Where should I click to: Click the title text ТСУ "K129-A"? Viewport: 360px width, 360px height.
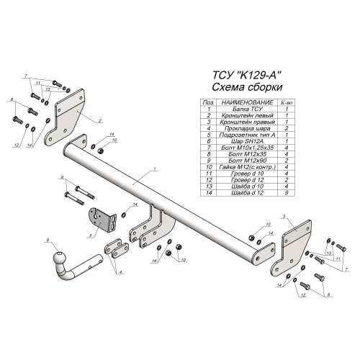[247, 75]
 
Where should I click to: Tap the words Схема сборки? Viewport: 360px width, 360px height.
[247, 87]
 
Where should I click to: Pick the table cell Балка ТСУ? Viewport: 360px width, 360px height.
[248, 109]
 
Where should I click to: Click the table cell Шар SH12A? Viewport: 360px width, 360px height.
[248, 141]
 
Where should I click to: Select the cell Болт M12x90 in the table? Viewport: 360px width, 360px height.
[248, 161]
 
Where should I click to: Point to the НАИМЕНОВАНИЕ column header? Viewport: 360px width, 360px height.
[248, 102]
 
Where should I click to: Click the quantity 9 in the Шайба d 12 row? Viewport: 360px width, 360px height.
[287, 193]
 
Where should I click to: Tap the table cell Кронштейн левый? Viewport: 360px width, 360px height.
[248, 115]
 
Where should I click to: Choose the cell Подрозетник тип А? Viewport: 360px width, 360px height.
[248, 135]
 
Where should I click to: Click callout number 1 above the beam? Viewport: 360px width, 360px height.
[155, 169]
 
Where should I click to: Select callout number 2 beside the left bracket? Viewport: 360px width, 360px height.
[100, 120]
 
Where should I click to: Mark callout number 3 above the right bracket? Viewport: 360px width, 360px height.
[284, 217]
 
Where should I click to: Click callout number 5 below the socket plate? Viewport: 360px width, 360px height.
[91, 235]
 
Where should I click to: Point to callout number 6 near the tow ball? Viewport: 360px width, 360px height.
[48, 240]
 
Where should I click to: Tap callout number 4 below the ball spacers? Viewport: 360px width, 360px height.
[120, 272]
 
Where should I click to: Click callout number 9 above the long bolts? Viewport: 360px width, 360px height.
[62, 177]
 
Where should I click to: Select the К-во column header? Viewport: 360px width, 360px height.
[287, 103]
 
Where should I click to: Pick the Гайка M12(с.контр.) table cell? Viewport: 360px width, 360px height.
[248, 167]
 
